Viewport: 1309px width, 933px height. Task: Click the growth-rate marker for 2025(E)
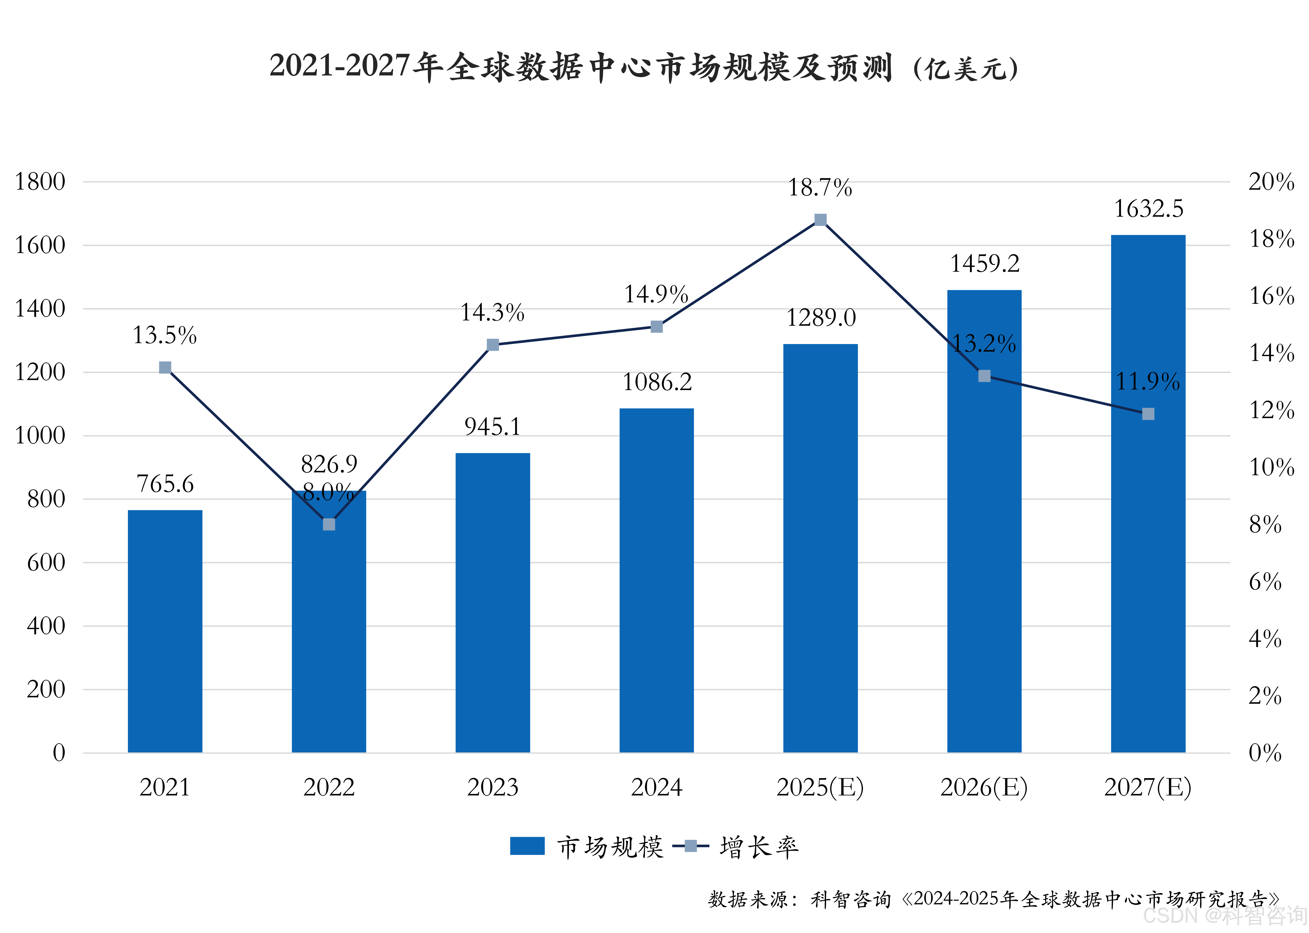[x=821, y=220]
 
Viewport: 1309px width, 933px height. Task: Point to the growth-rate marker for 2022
[x=329, y=525]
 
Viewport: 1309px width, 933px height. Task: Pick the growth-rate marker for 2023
[x=492, y=345]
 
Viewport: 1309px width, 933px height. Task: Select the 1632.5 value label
[x=1148, y=209]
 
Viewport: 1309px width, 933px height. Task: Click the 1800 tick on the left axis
[x=40, y=182]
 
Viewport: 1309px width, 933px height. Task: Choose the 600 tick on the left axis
[x=46, y=562]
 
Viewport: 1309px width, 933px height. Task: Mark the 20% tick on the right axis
[x=1271, y=182]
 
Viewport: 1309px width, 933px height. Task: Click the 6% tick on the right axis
[x=1265, y=582]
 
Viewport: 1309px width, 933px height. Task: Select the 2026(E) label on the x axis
[x=984, y=787]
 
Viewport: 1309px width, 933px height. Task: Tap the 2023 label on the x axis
[x=492, y=787]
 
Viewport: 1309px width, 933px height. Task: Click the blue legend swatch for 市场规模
[x=527, y=846]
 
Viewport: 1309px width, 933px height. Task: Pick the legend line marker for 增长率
[x=691, y=846]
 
